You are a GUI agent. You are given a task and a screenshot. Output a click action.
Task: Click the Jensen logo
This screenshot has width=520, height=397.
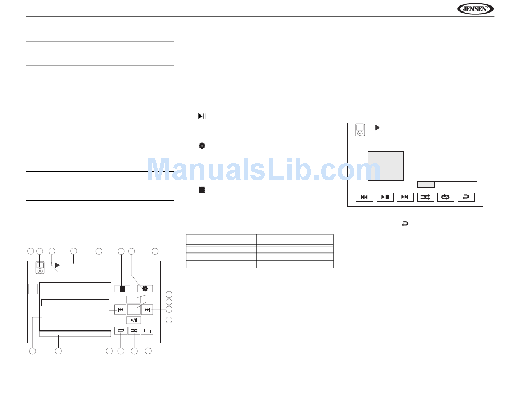475,9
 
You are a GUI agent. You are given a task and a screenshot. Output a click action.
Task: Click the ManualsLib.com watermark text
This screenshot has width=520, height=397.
264,170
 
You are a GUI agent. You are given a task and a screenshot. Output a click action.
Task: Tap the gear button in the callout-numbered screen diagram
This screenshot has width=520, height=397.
145,289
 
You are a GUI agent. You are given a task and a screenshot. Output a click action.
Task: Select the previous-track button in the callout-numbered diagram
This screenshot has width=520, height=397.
120,310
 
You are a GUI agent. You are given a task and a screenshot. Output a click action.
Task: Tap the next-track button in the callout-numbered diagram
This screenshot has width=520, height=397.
147,310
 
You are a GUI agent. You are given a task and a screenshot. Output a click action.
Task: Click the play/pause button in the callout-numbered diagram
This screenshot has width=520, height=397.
134,320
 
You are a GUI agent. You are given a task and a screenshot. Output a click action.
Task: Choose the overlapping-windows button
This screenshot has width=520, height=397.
147,331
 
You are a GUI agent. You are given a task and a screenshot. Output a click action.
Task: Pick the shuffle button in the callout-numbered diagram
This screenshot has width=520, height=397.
134,331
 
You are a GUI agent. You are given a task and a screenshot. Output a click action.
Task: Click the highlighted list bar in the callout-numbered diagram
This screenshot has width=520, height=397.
76,302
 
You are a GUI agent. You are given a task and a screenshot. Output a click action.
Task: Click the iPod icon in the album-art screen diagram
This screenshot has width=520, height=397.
360,130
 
